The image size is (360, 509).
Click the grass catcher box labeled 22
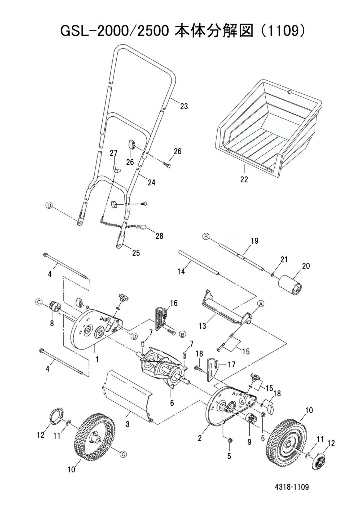pyautogui.click(x=268, y=127)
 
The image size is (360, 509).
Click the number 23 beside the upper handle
pyautogui.click(x=184, y=106)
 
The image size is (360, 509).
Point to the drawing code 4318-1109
pyautogui.click(x=292, y=487)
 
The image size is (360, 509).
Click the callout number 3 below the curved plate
pyautogui.click(x=128, y=424)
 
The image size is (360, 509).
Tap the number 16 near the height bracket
pyautogui.click(x=174, y=303)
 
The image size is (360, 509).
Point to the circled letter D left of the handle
pyautogui.click(x=49, y=205)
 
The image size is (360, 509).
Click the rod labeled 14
pyautogui.click(x=199, y=262)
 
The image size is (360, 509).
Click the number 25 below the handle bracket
pyautogui.click(x=136, y=253)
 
